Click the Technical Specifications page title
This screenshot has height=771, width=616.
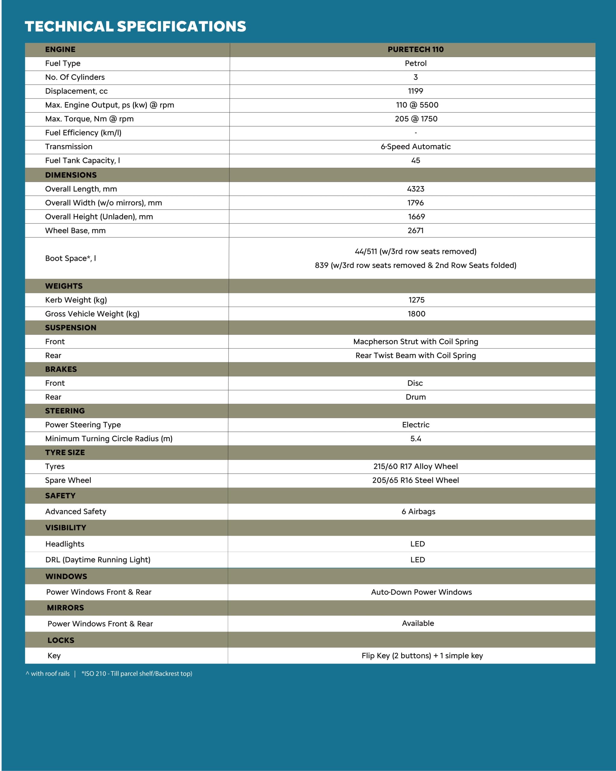[135, 27]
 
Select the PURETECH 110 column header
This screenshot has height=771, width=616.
[415, 49]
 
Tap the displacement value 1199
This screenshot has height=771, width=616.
[415, 91]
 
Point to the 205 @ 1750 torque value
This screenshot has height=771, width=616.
[416, 119]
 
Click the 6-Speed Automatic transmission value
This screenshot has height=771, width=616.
[415, 147]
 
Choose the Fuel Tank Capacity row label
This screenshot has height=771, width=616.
[82, 161]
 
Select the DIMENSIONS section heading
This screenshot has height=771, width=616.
[71, 175]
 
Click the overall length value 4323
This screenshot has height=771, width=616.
[415, 189]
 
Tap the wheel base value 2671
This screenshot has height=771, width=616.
[415, 231]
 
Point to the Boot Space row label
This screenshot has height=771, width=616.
[70, 258]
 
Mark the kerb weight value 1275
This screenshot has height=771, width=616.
[416, 300]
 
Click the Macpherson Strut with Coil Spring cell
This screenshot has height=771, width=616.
[415, 342]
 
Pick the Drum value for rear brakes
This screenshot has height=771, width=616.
[415, 397]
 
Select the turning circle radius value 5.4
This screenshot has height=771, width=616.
[415, 439]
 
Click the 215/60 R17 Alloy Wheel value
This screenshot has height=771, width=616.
[415, 466]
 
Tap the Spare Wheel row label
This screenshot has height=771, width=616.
[68, 480]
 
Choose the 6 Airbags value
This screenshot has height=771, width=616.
[418, 512]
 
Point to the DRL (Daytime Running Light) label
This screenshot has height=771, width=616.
[98, 560]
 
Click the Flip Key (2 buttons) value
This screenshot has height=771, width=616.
[422, 655]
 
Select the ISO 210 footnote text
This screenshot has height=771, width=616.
[137, 674]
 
